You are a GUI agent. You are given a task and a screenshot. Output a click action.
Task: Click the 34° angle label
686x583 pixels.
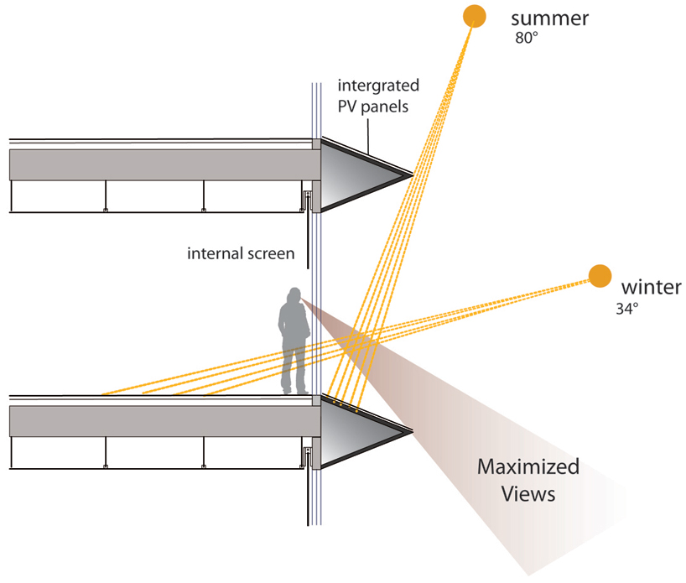point(626,309)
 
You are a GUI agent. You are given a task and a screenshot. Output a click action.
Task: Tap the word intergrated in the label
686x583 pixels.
point(377,86)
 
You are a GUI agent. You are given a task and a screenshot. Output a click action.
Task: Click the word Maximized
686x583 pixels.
point(528,467)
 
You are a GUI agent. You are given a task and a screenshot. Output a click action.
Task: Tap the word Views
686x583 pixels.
point(528,494)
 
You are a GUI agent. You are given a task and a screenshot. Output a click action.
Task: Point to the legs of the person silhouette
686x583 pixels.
point(294,369)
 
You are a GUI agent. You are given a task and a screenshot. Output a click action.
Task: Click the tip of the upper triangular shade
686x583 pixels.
point(412,175)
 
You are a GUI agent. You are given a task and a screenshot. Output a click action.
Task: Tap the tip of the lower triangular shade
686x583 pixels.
point(412,433)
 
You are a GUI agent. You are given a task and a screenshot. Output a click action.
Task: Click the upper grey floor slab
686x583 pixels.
point(159,164)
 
